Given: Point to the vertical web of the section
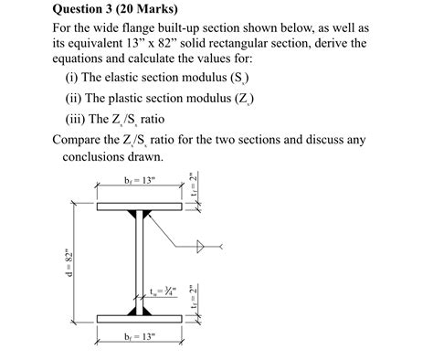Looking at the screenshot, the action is pos(140,265).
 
